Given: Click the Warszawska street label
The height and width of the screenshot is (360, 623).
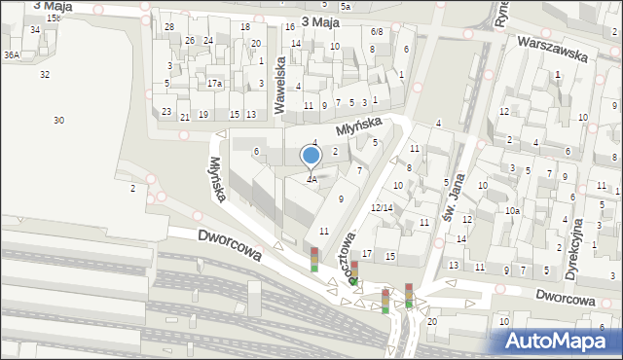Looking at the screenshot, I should point(552,50).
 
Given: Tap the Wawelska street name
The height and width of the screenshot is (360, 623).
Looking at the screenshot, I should point(280,85).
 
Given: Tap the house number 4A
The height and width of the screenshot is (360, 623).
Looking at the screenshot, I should point(311,179).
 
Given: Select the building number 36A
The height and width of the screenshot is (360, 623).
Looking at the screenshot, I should point(12,55).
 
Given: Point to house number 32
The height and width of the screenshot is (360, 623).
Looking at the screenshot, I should point(45,74).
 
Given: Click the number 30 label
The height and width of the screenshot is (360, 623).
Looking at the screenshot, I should point(58,120).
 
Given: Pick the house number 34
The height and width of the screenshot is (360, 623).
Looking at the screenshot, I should point(35,30).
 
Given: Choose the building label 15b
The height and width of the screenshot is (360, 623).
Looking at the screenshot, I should point(53,18).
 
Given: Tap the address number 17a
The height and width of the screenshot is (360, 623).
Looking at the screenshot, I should point(214,84).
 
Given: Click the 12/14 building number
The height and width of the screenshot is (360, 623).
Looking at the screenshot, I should point(382,208).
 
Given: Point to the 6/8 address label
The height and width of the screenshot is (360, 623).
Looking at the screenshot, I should point(377,32).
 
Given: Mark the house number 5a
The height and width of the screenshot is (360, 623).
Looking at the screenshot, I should point(345,7).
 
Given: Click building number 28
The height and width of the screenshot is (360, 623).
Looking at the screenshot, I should point(169,27).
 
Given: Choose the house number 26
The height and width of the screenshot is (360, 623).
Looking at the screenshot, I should point(191,41).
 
